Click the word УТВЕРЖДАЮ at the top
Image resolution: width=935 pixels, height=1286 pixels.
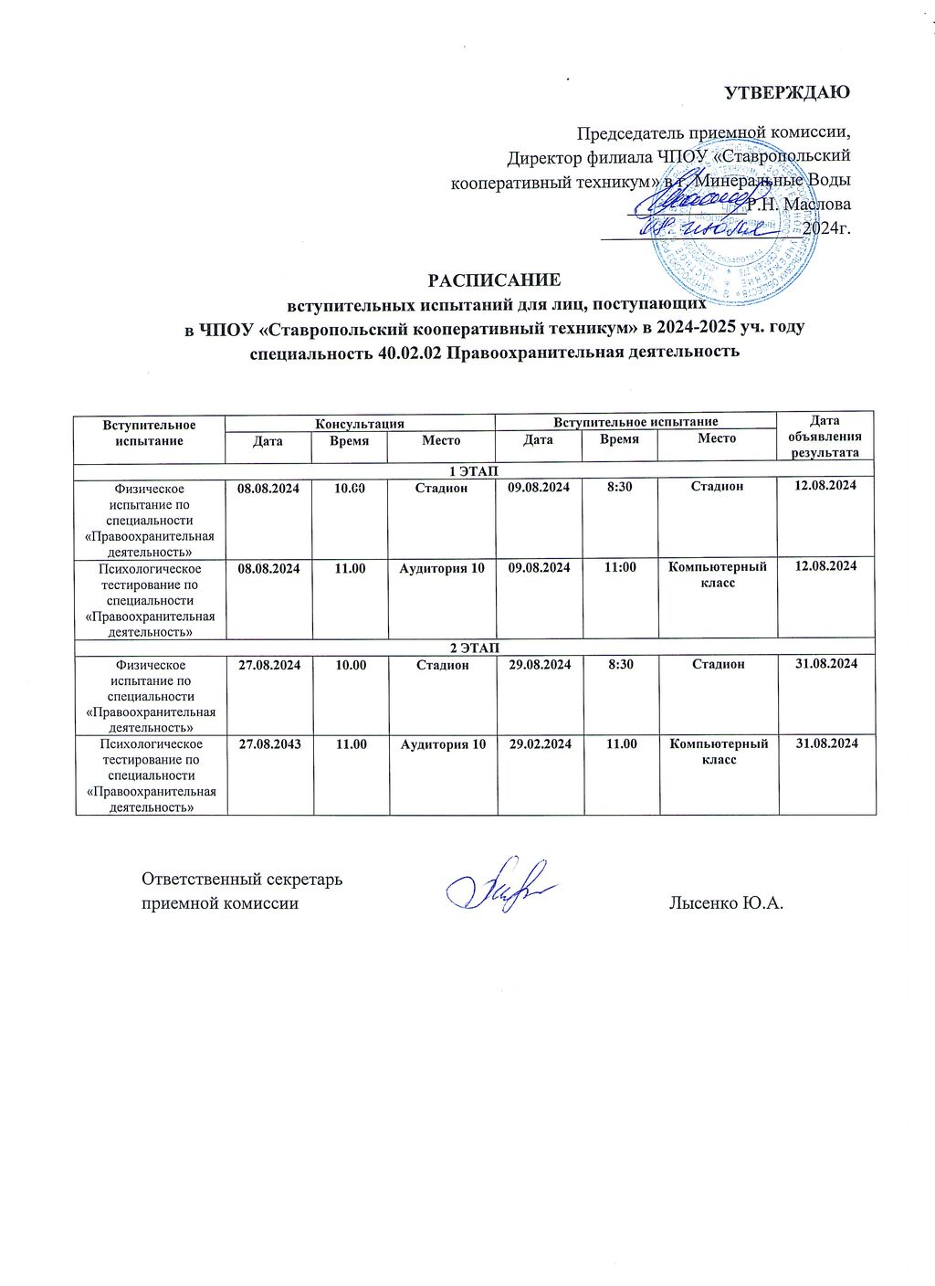787,93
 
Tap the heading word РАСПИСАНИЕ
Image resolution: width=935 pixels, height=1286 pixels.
495,279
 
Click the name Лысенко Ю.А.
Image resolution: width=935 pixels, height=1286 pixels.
726,903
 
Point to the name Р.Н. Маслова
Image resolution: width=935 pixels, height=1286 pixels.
799,205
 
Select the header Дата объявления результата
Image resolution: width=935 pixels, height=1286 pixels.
825,437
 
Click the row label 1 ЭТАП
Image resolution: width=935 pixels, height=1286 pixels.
475,470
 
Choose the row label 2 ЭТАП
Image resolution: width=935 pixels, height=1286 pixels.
475,648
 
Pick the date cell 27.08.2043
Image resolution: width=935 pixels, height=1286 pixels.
269,744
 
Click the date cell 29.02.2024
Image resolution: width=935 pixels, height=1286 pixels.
541,744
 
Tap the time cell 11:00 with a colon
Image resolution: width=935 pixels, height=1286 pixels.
621,567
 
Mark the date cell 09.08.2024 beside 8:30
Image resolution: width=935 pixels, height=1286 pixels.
539,488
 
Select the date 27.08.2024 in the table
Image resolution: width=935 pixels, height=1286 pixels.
269,665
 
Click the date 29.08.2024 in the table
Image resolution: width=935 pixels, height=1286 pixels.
540,665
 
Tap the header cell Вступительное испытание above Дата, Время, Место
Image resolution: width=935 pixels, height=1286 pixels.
636,422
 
